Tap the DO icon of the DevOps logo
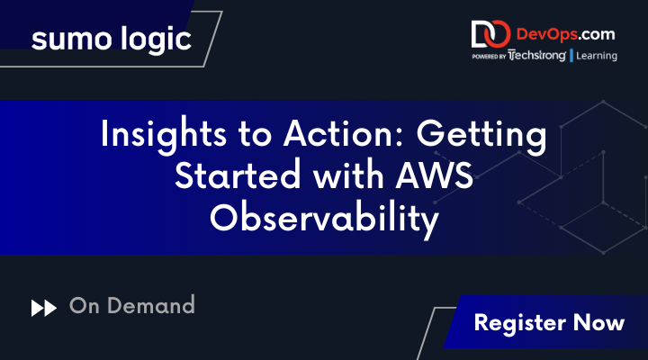(x=490, y=35)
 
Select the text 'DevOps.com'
(x=564, y=34)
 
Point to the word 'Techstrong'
(x=536, y=56)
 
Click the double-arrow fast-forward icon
(x=43, y=308)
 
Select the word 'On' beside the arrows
(x=83, y=306)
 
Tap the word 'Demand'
(x=150, y=306)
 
